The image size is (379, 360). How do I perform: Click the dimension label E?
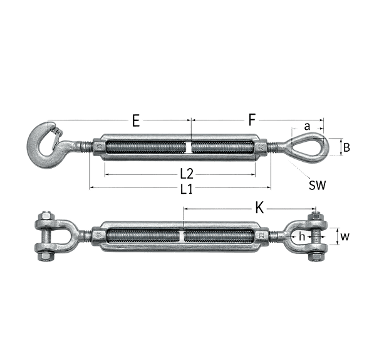pos(136,120)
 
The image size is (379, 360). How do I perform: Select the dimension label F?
pos(252,120)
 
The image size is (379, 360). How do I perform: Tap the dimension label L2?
pos(187,174)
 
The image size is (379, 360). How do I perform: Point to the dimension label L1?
pos(186,189)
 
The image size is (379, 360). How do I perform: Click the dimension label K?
pos(259,208)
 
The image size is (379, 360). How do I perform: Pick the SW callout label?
pos(318,185)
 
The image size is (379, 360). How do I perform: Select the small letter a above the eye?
pos(307,126)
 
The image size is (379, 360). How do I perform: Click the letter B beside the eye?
pos(346,147)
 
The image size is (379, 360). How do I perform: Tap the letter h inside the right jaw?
pos(302,236)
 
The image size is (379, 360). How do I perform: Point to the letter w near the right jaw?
pos(345,236)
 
